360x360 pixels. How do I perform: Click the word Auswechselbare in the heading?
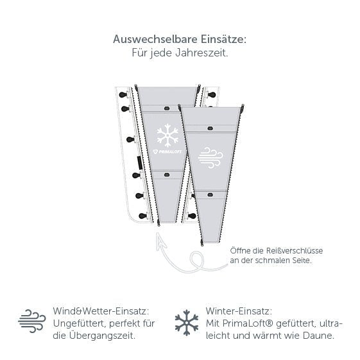155,39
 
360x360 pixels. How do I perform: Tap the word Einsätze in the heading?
223,39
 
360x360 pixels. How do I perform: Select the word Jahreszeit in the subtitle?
201,53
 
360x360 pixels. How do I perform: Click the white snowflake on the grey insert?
167,135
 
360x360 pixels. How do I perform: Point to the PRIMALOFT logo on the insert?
167,151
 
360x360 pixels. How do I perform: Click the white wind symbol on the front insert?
210,158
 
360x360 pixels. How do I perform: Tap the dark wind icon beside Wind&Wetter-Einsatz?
32,321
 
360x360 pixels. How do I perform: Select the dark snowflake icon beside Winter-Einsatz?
187,323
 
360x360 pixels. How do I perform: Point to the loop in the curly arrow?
197,261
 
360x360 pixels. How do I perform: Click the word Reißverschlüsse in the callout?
295,250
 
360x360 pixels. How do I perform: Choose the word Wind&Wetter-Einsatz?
101,311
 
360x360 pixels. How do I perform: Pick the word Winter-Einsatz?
239,311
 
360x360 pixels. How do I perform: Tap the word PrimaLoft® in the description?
248,323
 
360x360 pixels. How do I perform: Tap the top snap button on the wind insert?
210,128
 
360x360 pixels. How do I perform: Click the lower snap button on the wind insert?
210,195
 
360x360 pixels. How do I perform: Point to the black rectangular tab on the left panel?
139,162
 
